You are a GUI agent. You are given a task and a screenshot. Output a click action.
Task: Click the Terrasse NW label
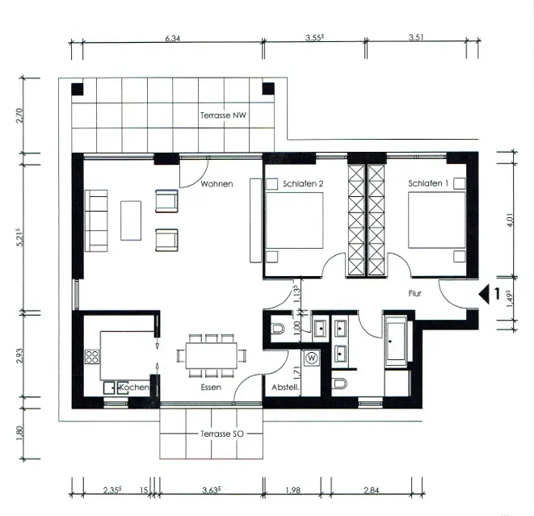(x=223, y=115)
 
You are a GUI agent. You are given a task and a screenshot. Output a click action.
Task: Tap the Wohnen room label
(x=217, y=184)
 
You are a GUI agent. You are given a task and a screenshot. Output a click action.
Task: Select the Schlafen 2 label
(x=303, y=184)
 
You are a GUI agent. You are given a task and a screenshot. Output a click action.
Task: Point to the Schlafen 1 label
(x=428, y=183)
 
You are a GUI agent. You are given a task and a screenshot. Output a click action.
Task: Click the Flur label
(x=414, y=293)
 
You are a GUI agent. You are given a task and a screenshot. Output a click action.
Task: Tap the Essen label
(x=211, y=387)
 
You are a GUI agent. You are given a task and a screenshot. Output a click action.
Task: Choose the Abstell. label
(x=285, y=388)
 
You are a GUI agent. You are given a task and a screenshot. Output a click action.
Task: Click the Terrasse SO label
(x=221, y=434)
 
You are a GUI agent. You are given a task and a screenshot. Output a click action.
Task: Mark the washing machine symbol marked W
(x=311, y=358)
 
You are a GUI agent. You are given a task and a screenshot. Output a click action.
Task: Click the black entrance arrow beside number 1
(x=484, y=294)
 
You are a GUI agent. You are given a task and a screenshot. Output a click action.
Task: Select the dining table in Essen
(x=211, y=355)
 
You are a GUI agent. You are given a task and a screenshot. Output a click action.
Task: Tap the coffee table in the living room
(x=131, y=220)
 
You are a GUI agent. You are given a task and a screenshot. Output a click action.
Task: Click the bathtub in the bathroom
(x=396, y=341)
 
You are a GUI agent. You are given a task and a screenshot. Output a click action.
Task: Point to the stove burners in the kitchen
(x=92, y=357)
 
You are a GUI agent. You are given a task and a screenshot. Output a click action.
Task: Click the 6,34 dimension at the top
(x=172, y=38)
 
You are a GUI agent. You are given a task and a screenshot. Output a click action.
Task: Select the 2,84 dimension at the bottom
(x=371, y=490)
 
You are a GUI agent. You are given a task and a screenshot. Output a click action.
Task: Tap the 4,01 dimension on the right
(x=510, y=220)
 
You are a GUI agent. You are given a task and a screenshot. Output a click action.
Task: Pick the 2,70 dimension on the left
(x=20, y=115)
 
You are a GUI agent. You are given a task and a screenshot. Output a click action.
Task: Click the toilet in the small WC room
(x=278, y=329)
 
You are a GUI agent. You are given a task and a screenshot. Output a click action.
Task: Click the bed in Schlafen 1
(x=436, y=220)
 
